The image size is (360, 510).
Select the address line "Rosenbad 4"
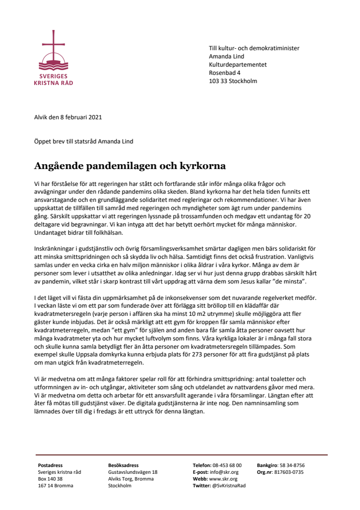pos(224,72)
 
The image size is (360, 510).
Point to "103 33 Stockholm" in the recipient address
pos(233,81)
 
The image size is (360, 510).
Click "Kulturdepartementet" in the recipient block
pos(237,64)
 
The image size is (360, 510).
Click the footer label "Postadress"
pos(50,466)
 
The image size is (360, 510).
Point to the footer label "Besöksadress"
pos(124,466)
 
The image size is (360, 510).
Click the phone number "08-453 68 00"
pos(227,466)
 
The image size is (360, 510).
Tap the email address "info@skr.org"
pos(223,472)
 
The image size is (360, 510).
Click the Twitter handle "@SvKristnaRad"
pos(229,486)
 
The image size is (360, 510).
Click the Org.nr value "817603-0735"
pos(288,472)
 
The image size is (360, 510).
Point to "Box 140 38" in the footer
pos(50,479)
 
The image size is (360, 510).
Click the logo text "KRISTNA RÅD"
pos(54,83)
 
